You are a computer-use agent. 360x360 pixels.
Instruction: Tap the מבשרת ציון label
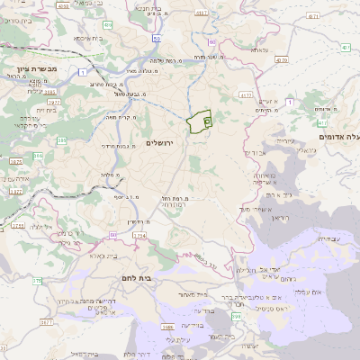(36, 68)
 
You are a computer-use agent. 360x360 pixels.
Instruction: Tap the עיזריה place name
(283, 140)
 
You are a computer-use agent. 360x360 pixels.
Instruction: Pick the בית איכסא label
(83, 39)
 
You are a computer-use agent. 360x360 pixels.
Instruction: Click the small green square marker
(207, 121)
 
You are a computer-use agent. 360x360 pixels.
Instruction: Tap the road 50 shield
(157, 39)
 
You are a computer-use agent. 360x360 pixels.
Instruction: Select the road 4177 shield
(246, 94)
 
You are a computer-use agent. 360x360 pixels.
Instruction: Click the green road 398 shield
(235, 316)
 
